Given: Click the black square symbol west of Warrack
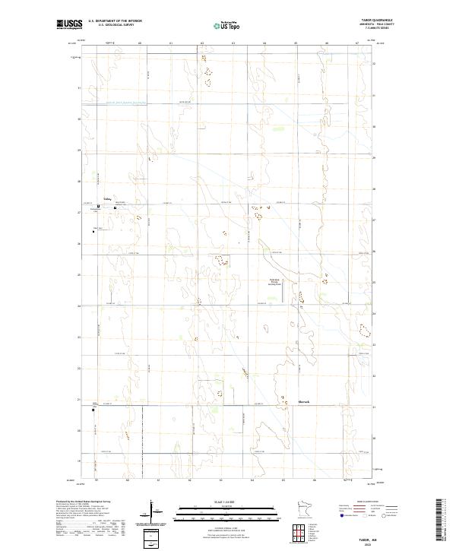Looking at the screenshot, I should coord(93,410).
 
